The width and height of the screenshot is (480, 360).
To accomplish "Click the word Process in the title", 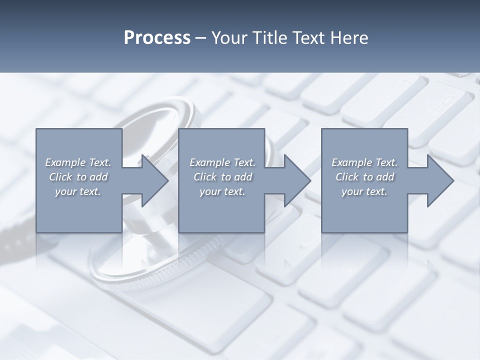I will point(157,38).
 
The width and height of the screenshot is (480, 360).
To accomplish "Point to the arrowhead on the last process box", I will point(439,180).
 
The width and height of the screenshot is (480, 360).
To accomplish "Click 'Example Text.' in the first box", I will point(78,162).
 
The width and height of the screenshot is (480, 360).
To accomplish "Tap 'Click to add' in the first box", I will point(78,177).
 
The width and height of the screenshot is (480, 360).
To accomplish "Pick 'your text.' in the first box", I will point(78,191).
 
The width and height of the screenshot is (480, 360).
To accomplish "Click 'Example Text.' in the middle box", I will point(222,162).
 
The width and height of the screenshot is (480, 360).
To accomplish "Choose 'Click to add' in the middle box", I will point(222,177).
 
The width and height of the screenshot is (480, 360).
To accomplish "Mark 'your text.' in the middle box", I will point(222,191).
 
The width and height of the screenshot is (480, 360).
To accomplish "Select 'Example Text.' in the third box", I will point(364,162).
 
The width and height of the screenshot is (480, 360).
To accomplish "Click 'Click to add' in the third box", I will point(364,177).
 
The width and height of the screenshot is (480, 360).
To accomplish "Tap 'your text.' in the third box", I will point(364,191).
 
